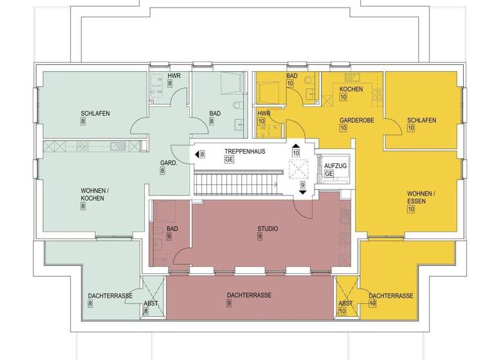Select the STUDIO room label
tap(259, 228)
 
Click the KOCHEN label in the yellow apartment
tap(351, 89)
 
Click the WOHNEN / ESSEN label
tap(421, 197)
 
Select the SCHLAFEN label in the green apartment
tap(95, 113)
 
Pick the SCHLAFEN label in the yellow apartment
tap(422, 120)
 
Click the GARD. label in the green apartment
tap(169, 163)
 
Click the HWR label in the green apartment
tap(174, 76)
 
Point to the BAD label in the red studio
tap(172, 228)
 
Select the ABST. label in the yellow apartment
tap(345, 302)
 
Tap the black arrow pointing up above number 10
tap(296, 146)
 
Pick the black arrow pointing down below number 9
tap(302, 192)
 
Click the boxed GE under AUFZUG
tap(329, 174)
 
